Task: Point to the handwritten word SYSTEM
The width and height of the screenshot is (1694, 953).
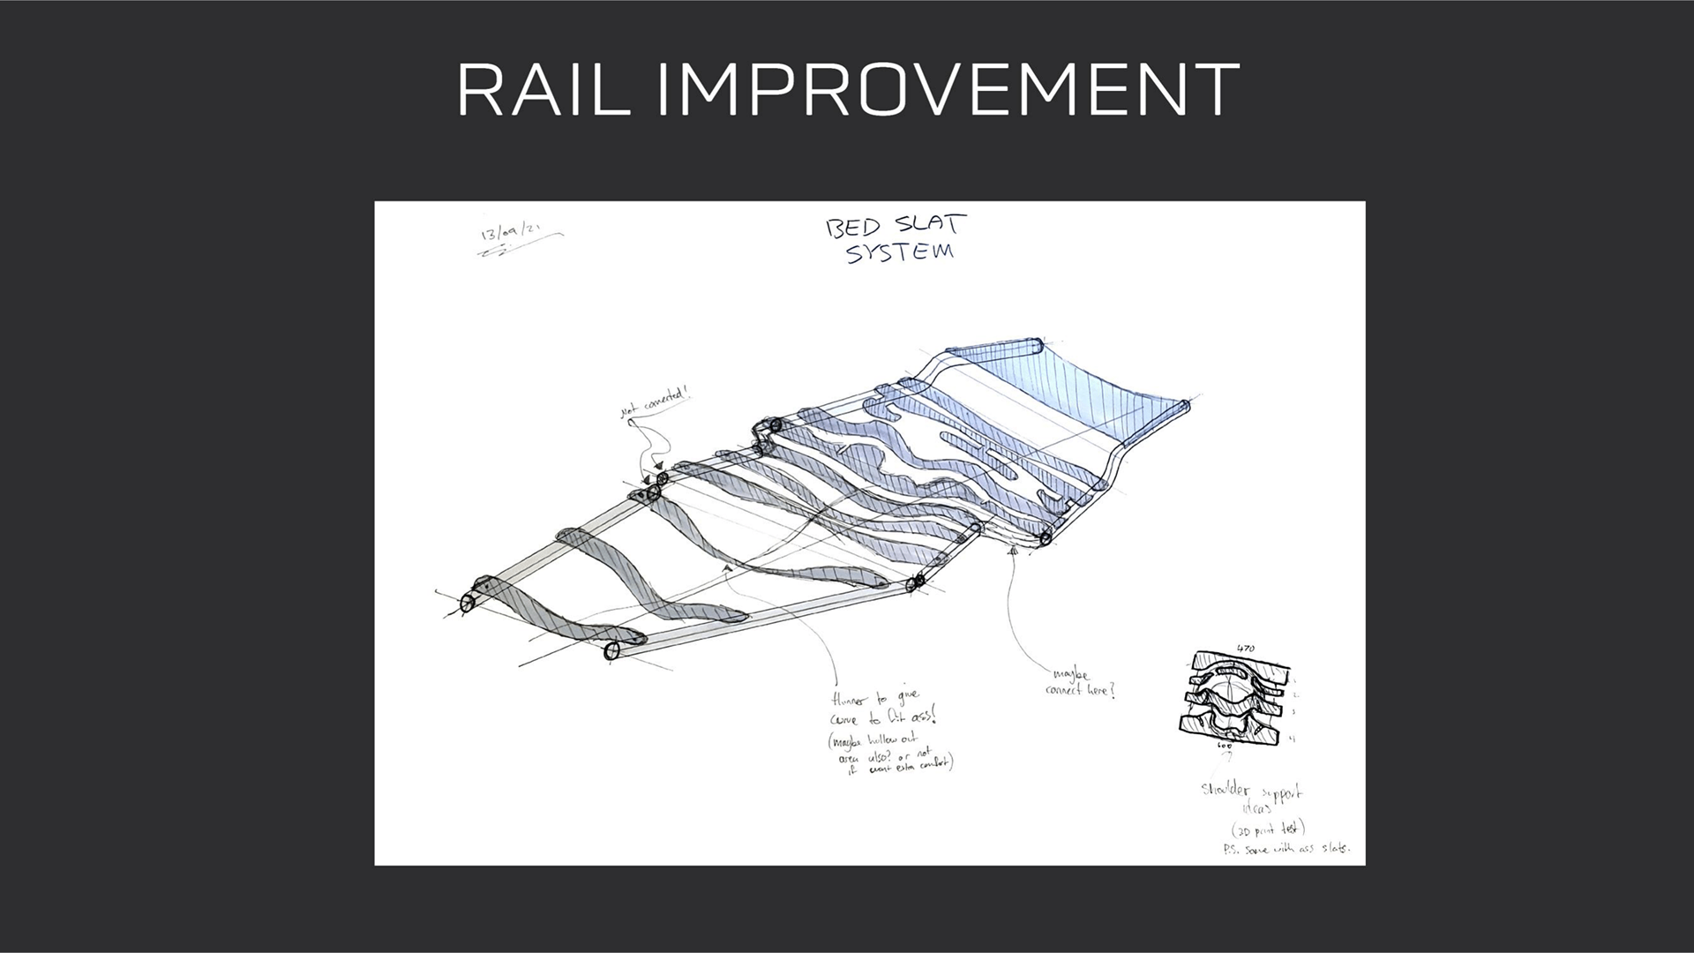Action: coord(899,252)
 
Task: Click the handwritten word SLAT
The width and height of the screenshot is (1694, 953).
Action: coord(931,223)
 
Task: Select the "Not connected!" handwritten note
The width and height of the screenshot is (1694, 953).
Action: coord(654,405)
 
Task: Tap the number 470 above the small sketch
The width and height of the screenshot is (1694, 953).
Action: coord(1245,649)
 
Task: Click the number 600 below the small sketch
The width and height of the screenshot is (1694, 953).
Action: coord(1225,747)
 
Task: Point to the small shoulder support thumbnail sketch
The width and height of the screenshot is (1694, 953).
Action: coord(1234,697)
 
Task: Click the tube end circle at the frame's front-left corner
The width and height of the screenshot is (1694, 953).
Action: coord(466,604)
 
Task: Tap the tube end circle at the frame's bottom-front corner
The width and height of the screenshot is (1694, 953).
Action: coord(611,651)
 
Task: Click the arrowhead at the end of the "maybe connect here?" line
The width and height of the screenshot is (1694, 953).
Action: coord(1014,552)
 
